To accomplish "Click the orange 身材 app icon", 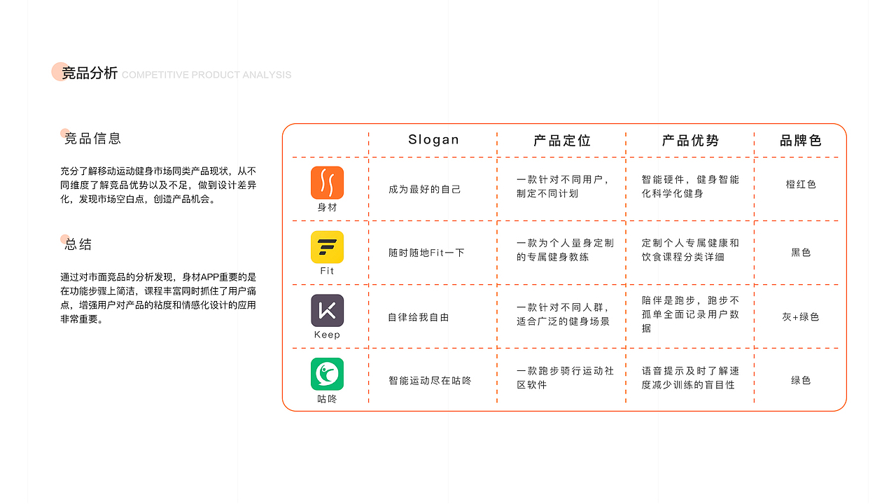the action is tap(327, 183).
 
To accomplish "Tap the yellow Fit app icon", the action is tap(327, 246).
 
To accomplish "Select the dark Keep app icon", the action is tap(327, 310).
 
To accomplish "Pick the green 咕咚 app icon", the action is tap(327, 374).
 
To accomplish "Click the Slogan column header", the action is tap(433, 139).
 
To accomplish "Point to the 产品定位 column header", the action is tap(562, 141).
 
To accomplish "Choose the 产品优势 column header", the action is tap(690, 141).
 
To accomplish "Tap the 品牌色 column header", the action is tap(801, 141).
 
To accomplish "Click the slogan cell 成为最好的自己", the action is tap(425, 190).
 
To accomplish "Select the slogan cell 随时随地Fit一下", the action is tap(426, 253).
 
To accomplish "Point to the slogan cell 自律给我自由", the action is tap(419, 317).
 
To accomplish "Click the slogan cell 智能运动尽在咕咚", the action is tap(430, 381).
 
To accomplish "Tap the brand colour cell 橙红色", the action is tap(801, 185).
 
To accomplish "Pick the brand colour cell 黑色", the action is tap(801, 253).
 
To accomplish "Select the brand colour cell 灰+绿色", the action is tap(801, 317).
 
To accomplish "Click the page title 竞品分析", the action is tap(90, 73).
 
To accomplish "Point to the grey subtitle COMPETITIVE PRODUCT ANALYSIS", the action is tap(206, 75).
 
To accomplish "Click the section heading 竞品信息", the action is tap(92, 139).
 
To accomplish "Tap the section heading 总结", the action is tap(78, 244).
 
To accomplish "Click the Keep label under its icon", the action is tap(327, 335).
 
